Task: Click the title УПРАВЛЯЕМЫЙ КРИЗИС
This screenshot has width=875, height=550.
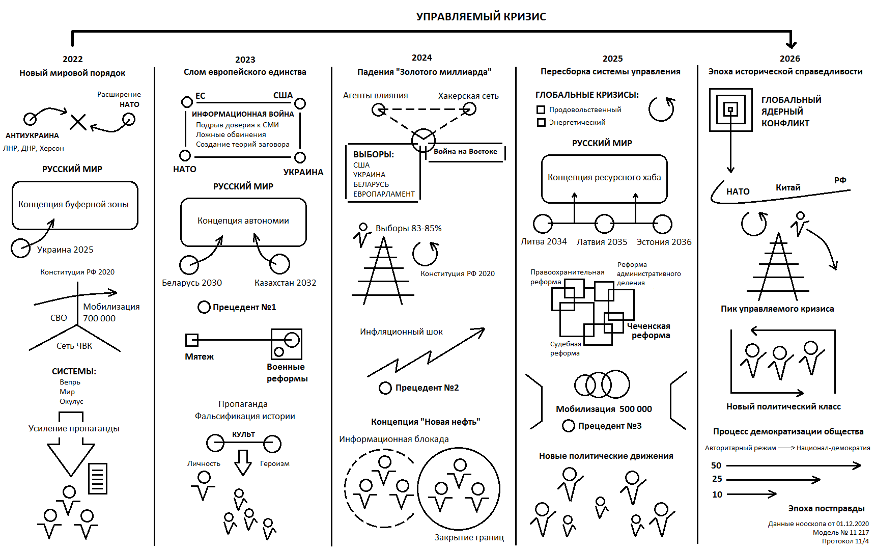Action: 481,17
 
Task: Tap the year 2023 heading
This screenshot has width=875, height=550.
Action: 245,60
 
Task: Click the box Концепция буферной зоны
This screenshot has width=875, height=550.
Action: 75,205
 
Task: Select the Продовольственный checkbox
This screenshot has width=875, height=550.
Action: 541,110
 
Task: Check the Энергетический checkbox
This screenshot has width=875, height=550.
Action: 541,123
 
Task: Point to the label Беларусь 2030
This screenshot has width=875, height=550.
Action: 192,283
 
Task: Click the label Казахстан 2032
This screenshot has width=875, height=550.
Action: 285,283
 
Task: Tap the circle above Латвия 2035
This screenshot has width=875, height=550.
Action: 604,224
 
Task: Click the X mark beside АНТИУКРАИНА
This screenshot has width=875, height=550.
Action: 78,122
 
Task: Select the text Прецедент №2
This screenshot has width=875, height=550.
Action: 427,388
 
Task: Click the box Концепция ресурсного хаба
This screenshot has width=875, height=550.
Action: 604,178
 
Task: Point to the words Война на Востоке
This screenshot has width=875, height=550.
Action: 465,152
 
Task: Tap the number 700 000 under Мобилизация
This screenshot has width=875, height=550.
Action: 99,319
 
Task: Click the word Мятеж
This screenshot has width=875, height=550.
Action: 199,357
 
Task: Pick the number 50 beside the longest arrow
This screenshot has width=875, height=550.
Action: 716,466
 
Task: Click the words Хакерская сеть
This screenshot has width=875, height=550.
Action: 468,96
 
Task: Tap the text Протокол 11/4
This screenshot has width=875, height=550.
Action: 845,541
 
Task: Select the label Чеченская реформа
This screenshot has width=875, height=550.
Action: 649,331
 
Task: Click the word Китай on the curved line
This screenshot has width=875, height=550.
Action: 787,188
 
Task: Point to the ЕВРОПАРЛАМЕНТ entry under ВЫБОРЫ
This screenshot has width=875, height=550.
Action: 384,195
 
